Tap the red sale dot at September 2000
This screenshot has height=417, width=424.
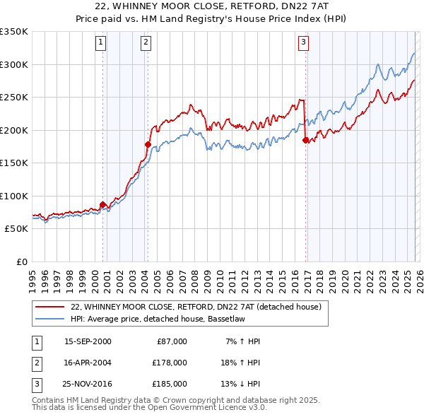coord(103,205)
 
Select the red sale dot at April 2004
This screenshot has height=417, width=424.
coord(148,144)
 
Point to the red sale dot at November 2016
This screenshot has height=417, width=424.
coord(305,140)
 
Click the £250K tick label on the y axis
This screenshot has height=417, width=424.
coord(13,98)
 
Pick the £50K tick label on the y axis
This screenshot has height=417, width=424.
coord(16,229)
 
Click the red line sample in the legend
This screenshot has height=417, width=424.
coord(49,307)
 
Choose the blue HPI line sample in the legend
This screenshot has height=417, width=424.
coord(49,318)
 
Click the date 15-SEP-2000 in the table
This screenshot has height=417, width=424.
coord(87,341)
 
